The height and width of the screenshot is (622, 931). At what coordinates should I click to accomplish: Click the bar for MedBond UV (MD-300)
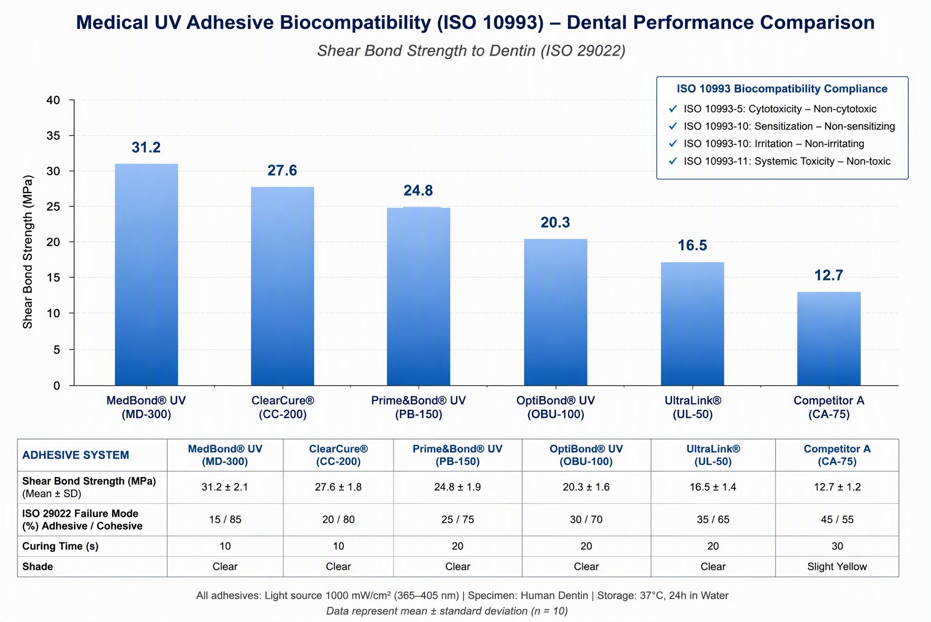[146, 275]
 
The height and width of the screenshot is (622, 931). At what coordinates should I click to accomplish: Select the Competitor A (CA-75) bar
[829, 339]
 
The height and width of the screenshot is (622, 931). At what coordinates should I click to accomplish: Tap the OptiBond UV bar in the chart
[556, 312]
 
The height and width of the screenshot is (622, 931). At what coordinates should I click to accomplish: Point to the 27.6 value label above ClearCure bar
[282, 171]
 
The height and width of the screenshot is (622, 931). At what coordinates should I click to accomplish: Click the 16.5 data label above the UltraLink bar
[692, 246]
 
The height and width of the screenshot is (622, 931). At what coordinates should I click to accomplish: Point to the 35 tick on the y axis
[53, 136]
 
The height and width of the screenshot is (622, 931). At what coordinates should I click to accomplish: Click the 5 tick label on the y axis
[57, 349]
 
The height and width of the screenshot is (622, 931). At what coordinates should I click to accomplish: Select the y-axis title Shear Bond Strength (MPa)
[28, 252]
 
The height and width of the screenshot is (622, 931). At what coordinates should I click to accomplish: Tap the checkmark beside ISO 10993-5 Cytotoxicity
[673, 109]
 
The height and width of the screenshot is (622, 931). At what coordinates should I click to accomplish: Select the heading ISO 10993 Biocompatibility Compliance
[782, 89]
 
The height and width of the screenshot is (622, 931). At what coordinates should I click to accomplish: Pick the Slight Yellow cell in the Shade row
[837, 566]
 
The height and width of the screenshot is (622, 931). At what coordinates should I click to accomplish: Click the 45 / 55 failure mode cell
[837, 519]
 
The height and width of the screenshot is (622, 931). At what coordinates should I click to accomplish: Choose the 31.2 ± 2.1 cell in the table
[225, 487]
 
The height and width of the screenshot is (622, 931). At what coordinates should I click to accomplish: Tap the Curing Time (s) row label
[61, 546]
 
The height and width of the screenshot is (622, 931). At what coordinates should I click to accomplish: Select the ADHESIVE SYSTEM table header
[76, 455]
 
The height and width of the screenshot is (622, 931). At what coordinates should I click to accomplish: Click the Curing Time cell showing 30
[837, 546]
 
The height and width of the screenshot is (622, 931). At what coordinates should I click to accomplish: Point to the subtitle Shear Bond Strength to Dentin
[471, 50]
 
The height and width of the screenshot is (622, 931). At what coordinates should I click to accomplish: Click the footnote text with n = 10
[447, 611]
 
